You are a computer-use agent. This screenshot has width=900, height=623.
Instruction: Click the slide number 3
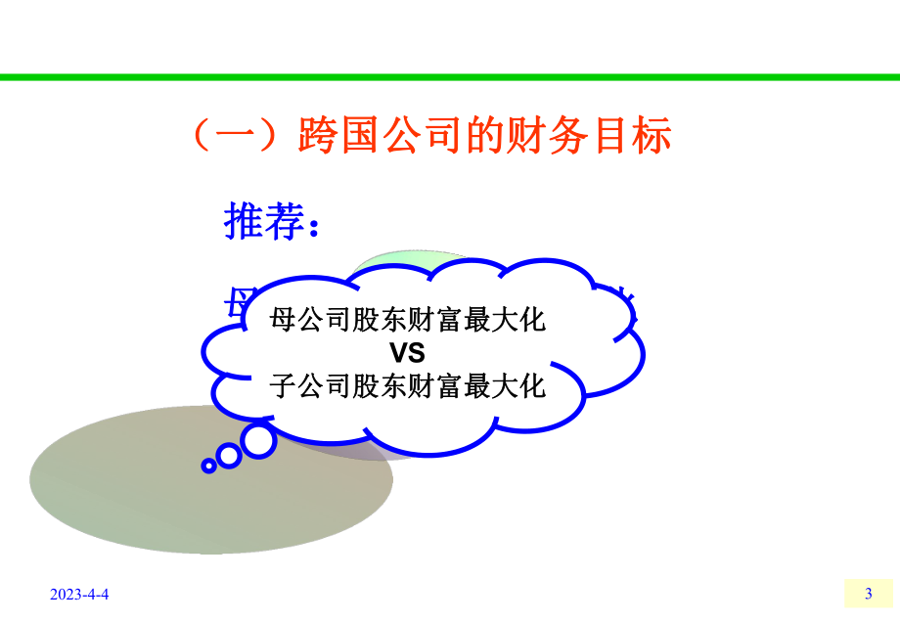click(868, 594)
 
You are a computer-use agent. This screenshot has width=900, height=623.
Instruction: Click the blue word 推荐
click(262, 223)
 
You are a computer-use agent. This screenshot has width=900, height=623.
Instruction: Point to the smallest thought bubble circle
click(208, 467)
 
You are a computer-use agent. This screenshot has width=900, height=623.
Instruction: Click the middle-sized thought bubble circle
click(229, 455)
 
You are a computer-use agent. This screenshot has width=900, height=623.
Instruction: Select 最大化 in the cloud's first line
click(505, 320)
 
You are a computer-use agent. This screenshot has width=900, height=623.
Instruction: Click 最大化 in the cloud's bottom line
click(505, 384)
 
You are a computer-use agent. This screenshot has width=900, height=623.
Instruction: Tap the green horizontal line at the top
click(450, 76)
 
